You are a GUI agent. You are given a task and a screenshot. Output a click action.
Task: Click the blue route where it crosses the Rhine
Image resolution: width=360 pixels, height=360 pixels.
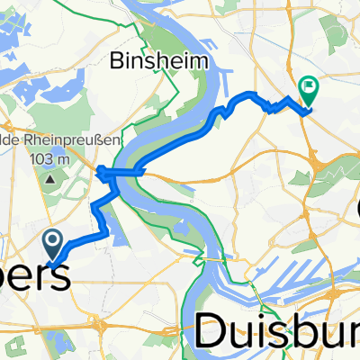click(x=126, y=171)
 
